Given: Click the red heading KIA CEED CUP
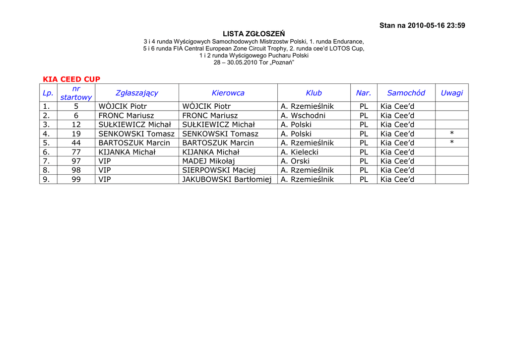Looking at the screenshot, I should [71, 79].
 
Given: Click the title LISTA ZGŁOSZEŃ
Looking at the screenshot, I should [254, 34].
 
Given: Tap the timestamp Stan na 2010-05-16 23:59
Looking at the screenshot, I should [422, 26].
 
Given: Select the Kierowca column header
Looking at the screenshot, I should [228, 93].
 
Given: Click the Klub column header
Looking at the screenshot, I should [314, 93].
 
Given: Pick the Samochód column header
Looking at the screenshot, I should [406, 93].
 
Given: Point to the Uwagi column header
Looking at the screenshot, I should [451, 93].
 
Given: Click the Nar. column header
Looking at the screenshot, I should [364, 93].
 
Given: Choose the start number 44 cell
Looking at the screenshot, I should [76, 143].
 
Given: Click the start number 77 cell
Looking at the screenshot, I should [76, 152].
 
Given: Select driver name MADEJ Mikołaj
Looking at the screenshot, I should [208, 161].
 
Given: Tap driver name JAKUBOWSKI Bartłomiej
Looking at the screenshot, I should [227, 179].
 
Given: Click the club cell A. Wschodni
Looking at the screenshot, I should [303, 116].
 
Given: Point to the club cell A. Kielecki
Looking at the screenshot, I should [300, 152].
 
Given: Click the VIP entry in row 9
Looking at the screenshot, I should [105, 179].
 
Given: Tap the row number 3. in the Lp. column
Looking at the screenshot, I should [46, 125].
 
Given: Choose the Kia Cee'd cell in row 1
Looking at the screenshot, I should [397, 106].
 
